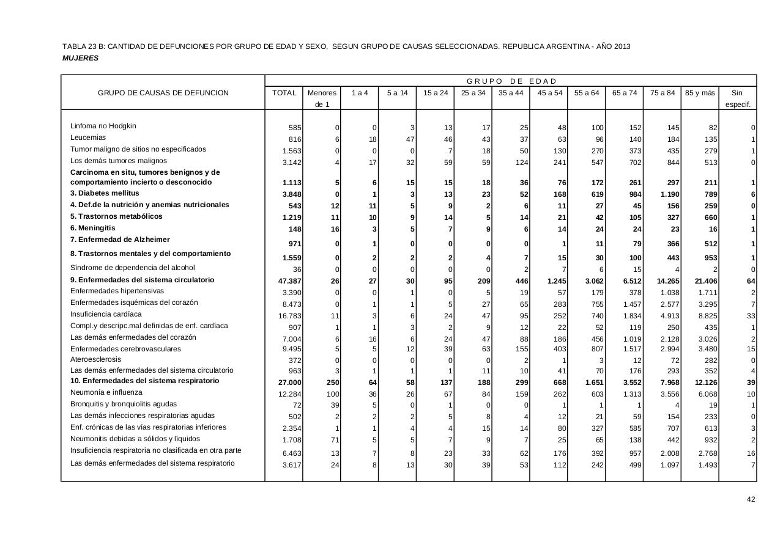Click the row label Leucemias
(x=88, y=138)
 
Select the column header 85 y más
(x=699, y=93)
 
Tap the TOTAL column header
(x=284, y=93)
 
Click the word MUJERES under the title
(x=80, y=58)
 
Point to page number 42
(x=751, y=499)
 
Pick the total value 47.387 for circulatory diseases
(x=286, y=281)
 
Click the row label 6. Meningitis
(x=93, y=228)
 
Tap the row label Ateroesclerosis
(x=95, y=359)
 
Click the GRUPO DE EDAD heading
(x=511, y=81)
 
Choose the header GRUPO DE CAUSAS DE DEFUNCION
(x=163, y=93)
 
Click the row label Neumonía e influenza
(x=106, y=392)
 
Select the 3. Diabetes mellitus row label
(x=105, y=194)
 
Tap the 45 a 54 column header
(x=549, y=93)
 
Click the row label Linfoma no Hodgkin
(x=103, y=126)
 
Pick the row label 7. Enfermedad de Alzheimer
(x=120, y=240)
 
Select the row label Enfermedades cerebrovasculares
(x=125, y=349)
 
